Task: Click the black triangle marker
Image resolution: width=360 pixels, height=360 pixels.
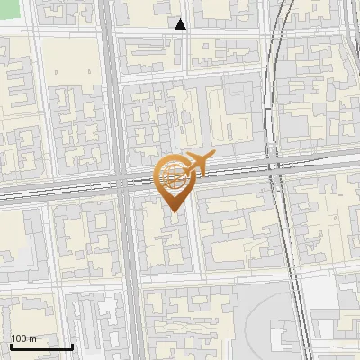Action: click(x=181, y=25)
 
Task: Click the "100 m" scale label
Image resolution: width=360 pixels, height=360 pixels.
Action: click(x=23, y=338)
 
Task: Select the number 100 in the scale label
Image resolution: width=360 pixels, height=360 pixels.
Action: click(x=20, y=338)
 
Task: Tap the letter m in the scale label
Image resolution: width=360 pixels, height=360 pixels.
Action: click(x=32, y=338)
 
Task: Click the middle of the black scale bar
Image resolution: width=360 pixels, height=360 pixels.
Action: click(x=40, y=346)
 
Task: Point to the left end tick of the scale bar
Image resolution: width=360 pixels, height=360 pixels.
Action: click(x=10, y=345)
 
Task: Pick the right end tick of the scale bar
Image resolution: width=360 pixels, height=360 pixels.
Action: click(x=72, y=345)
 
